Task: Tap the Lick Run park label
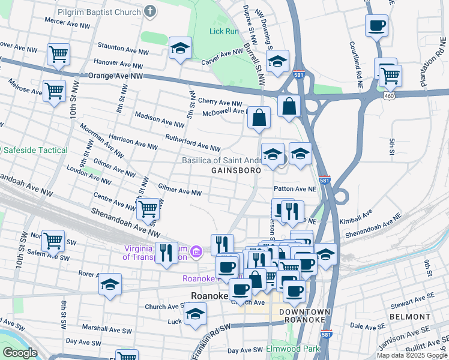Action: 224,31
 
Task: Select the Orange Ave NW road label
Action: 116,76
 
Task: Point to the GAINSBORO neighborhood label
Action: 236,170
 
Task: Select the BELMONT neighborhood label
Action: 410,316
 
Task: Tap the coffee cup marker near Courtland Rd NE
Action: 376,26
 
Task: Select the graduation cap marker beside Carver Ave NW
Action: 180,48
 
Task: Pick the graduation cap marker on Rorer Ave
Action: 110,284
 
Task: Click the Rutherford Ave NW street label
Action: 193,148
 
